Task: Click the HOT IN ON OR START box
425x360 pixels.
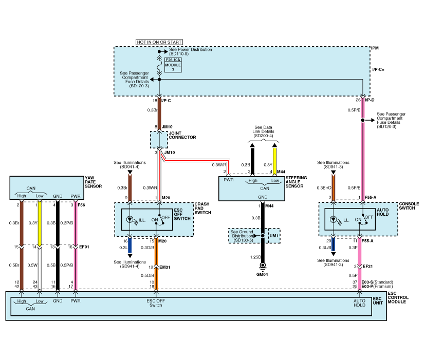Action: pos(159,42)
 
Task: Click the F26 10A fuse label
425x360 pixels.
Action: pos(173,60)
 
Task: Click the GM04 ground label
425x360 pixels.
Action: pos(262,274)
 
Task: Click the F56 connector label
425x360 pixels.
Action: pos(82,204)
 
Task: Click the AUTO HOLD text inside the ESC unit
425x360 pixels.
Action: pos(359,303)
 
